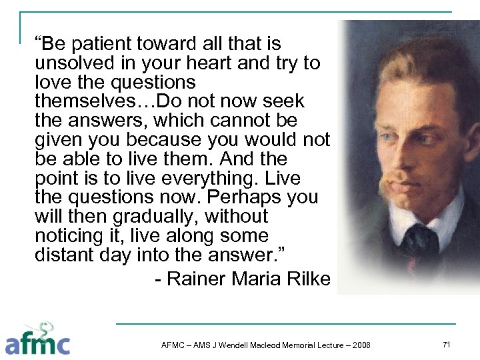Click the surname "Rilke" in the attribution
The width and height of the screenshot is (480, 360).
(x=308, y=279)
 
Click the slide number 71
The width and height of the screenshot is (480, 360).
(x=447, y=343)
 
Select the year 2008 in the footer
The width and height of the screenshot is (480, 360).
(x=361, y=345)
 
